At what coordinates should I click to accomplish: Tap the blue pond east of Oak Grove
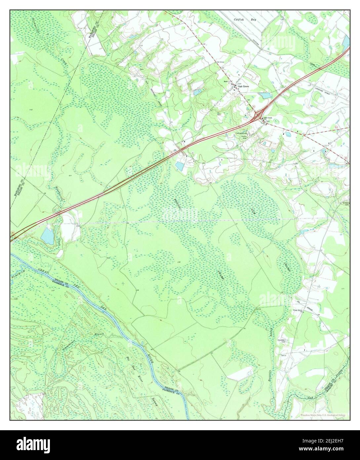[x=265, y=96]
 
